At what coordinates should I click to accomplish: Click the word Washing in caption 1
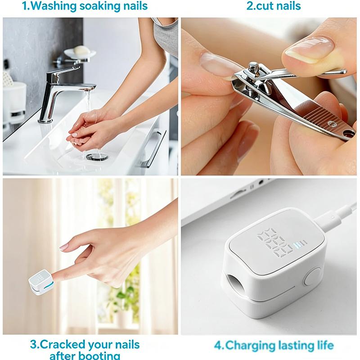click(54, 6)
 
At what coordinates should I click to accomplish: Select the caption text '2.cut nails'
click(274, 6)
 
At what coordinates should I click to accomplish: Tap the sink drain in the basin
click(97, 157)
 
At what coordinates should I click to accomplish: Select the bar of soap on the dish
click(81, 50)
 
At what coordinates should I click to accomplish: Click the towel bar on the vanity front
click(153, 148)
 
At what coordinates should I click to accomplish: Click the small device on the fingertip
click(40, 282)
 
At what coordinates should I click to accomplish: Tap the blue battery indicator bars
click(300, 244)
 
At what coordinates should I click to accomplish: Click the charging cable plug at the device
click(324, 221)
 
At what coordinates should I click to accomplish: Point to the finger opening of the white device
click(232, 285)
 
